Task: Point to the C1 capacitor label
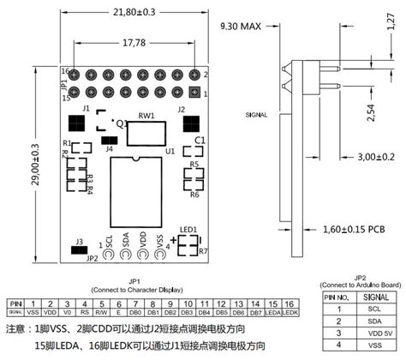pyautogui.click(x=200, y=139)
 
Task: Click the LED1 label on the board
pyautogui.click(x=188, y=230)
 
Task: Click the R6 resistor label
pyautogui.click(x=194, y=195)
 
